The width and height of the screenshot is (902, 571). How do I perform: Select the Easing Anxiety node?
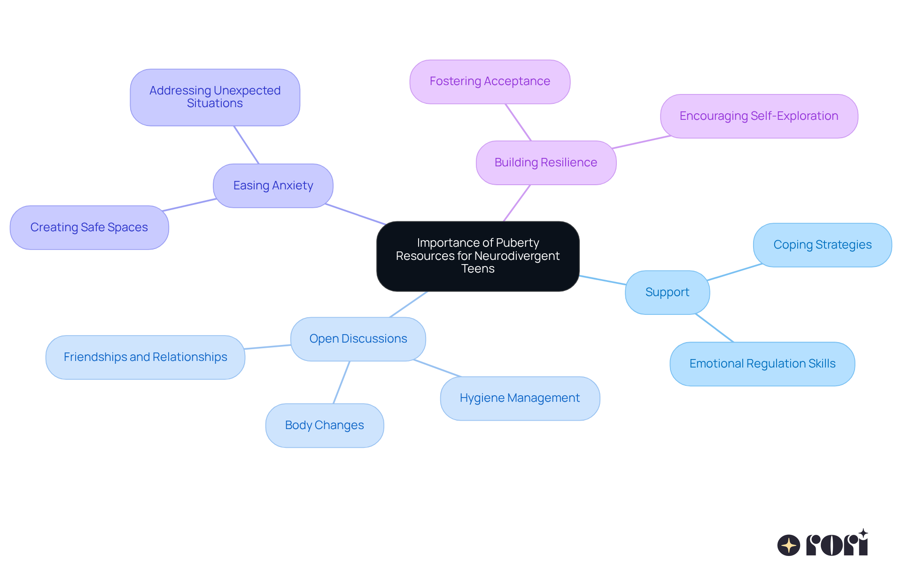click(x=273, y=186)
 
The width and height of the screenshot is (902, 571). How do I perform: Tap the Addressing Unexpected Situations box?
click(x=215, y=97)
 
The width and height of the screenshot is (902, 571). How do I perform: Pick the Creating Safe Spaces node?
click(x=89, y=227)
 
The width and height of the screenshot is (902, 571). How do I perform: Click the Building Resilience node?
click(x=546, y=163)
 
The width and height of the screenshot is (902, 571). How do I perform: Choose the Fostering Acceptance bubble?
click(x=490, y=81)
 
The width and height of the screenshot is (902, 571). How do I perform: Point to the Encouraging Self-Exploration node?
click(x=759, y=116)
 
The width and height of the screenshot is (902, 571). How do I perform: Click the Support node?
click(x=667, y=292)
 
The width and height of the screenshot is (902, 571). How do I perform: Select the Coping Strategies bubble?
click(x=822, y=245)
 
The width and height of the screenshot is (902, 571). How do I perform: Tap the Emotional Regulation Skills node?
click(x=762, y=364)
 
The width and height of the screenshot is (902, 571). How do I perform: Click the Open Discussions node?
click(x=358, y=339)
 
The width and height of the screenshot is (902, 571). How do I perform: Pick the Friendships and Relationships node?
click(x=145, y=357)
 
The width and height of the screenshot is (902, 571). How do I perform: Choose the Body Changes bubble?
click(x=324, y=425)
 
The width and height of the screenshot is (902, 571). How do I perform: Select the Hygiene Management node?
click(x=520, y=398)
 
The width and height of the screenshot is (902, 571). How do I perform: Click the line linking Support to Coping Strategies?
click(x=734, y=272)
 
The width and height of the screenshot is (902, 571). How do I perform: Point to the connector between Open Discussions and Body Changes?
click(x=342, y=382)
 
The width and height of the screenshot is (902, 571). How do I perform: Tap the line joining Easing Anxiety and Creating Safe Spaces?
click(x=189, y=205)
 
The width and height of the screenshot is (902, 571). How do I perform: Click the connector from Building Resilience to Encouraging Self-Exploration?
click(x=641, y=142)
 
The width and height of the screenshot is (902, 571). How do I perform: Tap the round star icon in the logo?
click(x=789, y=545)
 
